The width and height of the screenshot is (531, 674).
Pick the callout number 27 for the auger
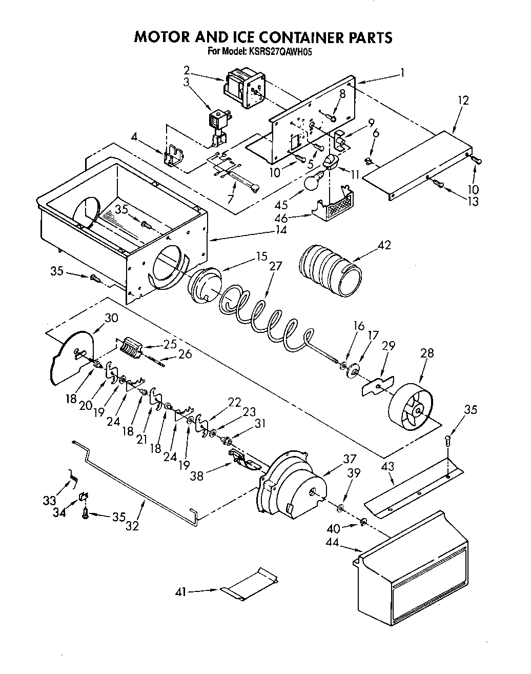point(275,266)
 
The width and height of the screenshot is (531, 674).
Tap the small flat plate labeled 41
point(249,584)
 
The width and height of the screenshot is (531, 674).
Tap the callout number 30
point(111,318)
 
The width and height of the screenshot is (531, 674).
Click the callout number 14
point(280,230)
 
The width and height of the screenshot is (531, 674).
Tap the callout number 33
point(49,500)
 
